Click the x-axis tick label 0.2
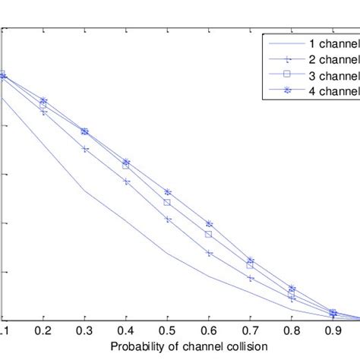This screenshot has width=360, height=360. [44, 332]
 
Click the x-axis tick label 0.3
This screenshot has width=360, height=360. [85, 332]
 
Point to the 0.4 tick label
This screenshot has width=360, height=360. [126, 332]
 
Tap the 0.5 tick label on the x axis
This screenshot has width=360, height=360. [168, 332]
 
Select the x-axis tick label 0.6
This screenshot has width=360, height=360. [209, 332]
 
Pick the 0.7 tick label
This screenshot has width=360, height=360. [250, 332]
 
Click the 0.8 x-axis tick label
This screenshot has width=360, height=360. [292, 332]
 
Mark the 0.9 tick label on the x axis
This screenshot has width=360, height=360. [333, 332]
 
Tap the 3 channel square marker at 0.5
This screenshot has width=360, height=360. [168, 202]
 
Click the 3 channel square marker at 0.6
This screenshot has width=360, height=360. [209, 234]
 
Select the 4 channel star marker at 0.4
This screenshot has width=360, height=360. [127, 162]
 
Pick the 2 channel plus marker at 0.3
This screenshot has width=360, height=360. [85, 149]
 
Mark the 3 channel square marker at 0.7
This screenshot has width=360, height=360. [250, 266]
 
